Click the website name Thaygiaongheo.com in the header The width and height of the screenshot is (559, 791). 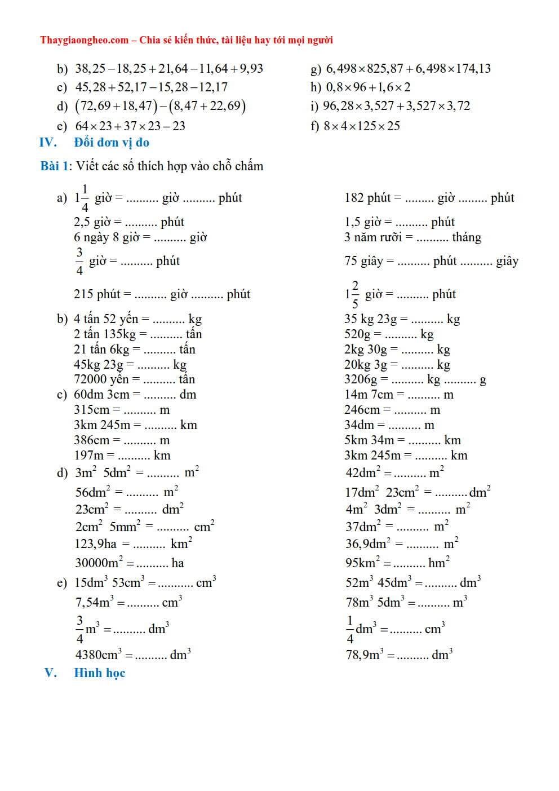pos(85,40)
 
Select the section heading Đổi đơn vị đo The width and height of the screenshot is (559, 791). pos(112,143)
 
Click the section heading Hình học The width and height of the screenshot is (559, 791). pos(100,673)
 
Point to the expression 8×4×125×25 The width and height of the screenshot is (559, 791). pos(362,126)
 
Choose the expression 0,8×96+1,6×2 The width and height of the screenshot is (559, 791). pos(368,87)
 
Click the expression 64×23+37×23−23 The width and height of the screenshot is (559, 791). pos(130,126)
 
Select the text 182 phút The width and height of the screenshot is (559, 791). pos(367,198)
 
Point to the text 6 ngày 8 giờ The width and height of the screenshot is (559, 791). pos(106,237)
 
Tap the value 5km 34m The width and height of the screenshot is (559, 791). pos(369,440)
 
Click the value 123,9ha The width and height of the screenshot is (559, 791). pos(96,544)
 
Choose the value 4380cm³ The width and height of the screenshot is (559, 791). pos(99,655)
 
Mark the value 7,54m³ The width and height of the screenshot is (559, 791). pos(94,603)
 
